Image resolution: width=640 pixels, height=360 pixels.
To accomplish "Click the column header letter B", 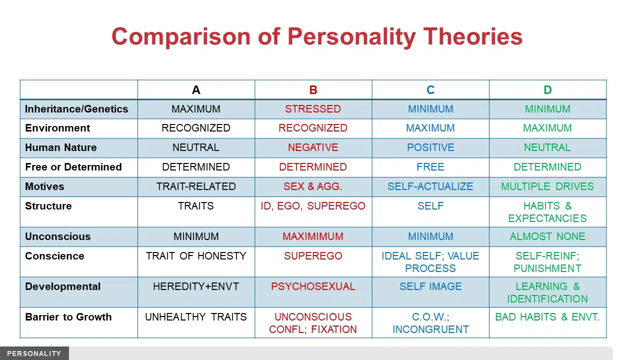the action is [x=313, y=90].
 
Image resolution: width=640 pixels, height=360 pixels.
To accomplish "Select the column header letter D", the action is [x=547, y=90].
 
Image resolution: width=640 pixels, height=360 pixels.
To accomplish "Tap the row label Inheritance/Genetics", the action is [x=76, y=109].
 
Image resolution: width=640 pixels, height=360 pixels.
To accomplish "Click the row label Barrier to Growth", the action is [x=68, y=317].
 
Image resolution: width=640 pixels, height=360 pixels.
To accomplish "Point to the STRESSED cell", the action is [x=313, y=109].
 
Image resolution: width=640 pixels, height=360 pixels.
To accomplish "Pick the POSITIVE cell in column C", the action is [x=430, y=147].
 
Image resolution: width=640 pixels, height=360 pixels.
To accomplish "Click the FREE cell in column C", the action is [x=430, y=167].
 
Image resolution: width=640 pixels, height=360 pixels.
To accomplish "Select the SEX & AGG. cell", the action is [x=313, y=186].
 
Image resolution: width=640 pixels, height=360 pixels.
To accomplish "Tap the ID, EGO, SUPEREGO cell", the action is [x=313, y=206].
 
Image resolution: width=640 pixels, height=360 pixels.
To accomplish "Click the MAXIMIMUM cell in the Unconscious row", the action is [x=313, y=236].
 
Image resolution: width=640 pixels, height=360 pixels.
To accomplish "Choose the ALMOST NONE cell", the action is [x=547, y=236].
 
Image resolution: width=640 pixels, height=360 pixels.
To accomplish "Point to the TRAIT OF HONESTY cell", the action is [x=196, y=255].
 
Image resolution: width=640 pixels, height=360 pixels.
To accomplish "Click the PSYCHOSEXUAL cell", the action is [x=313, y=286].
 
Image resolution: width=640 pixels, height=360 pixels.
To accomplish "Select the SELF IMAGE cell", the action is [x=430, y=286].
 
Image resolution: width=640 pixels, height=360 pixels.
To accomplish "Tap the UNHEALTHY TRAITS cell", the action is [x=196, y=317].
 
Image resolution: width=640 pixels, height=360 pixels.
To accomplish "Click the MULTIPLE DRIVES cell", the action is [x=547, y=186].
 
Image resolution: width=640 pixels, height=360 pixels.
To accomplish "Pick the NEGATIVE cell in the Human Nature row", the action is [x=313, y=147].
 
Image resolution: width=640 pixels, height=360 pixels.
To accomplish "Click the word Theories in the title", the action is [x=472, y=36].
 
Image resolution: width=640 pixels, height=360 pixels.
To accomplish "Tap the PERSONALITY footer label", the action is [x=34, y=353].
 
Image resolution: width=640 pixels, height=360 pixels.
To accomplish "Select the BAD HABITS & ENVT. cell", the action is [x=547, y=317].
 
